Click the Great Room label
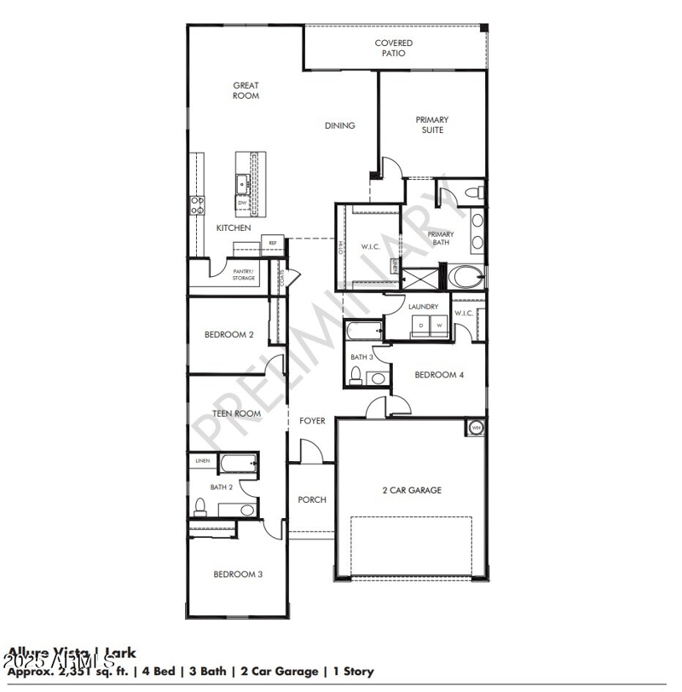[246, 90]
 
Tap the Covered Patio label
[393, 48]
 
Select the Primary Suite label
[431, 124]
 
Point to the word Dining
[339, 126]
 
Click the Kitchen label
[233, 228]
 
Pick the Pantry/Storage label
[244, 274]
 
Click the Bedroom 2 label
[228, 335]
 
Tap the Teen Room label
[236, 413]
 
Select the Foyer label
[312, 421]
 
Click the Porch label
[312, 499]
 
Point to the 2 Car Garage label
[411, 490]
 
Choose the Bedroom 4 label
[438, 375]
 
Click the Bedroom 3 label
[238, 574]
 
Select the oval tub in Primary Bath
[465, 277]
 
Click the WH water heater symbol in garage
[476, 427]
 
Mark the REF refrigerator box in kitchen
[273, 243]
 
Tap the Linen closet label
[202, 461]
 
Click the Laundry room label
[423, 307]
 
